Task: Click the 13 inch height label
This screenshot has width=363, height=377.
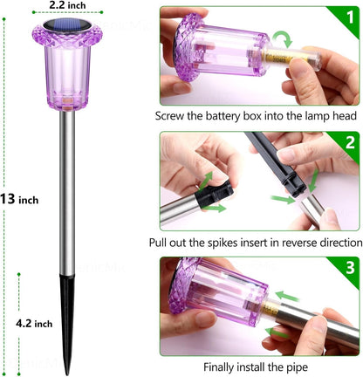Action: pos(19,200)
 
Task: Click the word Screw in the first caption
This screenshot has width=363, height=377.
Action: pos(174,115)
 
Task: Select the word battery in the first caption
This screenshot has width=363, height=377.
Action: pos(232,115)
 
